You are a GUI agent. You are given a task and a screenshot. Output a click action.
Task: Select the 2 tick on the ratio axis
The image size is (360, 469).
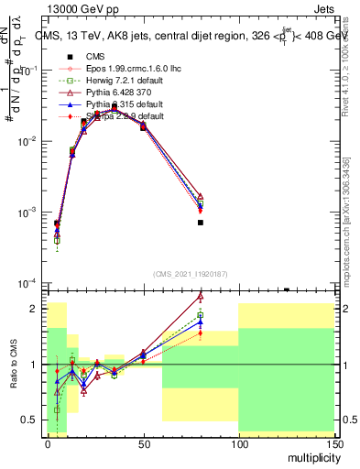point(35,309)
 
